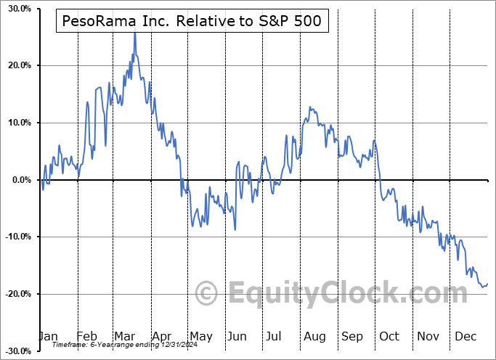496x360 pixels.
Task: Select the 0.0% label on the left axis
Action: [20, 179]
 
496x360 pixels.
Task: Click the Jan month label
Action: [48, 336]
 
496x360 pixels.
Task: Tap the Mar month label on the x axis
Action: [125, 336]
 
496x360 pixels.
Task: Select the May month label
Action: [200, 336]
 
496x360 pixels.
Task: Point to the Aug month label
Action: [316, 336]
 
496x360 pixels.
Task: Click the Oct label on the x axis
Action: [391, 336]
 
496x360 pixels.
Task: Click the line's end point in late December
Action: [487, 283]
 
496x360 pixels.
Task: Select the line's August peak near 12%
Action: [309, 107]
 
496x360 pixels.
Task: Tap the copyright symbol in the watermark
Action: [207, 294]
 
